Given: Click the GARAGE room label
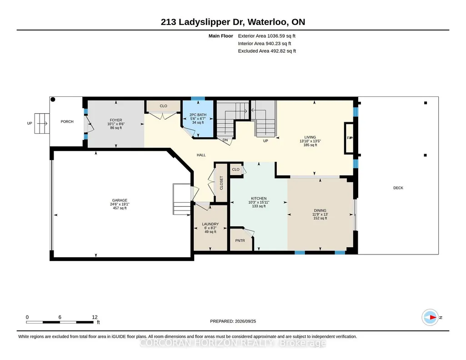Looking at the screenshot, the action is coord(120,200).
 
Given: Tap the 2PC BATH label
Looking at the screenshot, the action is coord(198,115).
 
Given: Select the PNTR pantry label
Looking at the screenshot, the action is coord(240,240).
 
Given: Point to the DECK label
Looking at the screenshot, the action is coord(398,188).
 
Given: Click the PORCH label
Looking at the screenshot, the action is coord(67,121).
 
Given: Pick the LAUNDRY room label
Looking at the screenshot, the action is coord(210,224).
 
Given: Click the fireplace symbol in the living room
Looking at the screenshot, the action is coord(349,138).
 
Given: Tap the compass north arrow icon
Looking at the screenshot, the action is coord(431,317).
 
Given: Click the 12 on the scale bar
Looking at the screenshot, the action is coord(95,317).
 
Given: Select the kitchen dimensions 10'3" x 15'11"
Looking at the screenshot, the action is coord(259,202).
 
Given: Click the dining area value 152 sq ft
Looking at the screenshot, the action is coord(320,218).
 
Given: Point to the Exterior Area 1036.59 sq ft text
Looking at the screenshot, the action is coord(266,36).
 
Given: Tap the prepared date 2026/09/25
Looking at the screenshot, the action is coord(246,321).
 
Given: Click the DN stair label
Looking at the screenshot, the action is coord(225,140).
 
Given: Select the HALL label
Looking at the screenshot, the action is coord(201,155).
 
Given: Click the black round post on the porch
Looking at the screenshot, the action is coord(53,100).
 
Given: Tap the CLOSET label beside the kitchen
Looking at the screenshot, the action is coord(221,183).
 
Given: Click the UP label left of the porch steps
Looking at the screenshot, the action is coord(30,123).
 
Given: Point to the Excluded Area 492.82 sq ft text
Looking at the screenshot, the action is coord(267,51).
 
